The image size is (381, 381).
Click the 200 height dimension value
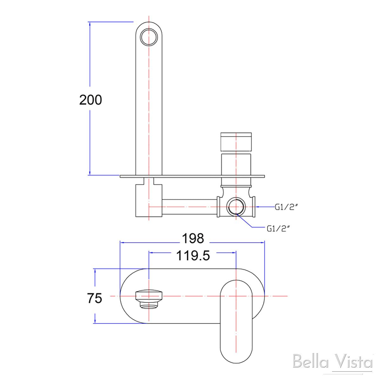pyautogui.click(x=90, y=100)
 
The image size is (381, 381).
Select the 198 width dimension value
pyautogui.click(x=193, y=238)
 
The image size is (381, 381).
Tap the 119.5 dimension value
pyautogui.click(x=193, y=256)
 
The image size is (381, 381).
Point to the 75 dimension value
pyautogui.click(x=95, y=298)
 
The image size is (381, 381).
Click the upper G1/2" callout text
pyautogui.click(x=286, y=207)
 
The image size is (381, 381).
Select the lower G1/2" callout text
pyautogui.click(x=279, y=229)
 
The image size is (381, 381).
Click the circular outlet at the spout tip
pyautogui.click(x=149, y=37)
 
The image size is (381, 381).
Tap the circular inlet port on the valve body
pyautogui.click(x=236, y=207)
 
